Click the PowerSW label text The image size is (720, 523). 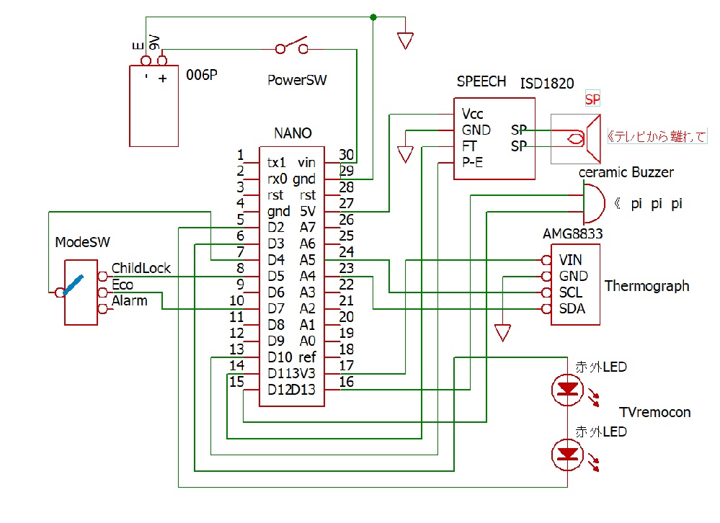coord(297,80)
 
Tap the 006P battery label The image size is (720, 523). coord(202,75)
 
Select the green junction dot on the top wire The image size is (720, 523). coord(373,17)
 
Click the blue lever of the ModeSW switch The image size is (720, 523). coord(74,285)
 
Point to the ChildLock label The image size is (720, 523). coord(141,268)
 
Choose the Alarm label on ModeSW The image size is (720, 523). coord(130,301)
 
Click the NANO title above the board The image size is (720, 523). coord(293,133)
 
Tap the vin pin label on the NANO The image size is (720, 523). coord(306,163)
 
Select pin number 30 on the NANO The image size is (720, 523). coord(346,155)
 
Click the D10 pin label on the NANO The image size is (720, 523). coord(280,357)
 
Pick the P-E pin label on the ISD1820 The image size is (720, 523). coord(472,162)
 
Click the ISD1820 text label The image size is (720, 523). coord(547,84)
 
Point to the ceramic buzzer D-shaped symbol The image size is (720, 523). coord(594,204)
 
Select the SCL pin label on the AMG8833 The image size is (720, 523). coord(570,292)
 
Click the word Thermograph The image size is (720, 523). coord(646,286)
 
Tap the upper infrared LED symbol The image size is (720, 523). coord(567,390)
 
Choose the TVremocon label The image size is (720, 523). coord(655,413)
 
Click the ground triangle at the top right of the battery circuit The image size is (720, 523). coord(405,41)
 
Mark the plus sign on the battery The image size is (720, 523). coord(163,79)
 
